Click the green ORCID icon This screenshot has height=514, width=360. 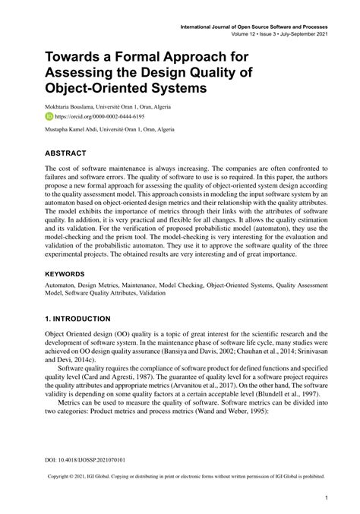click(x=49, y=118)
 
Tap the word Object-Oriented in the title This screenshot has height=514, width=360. click(x=96, y=88)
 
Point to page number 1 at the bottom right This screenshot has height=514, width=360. click(x=325, y=498)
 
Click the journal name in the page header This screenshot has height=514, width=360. click(x=253, y=27)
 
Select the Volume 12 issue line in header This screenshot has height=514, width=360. click(x=281, y=34)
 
